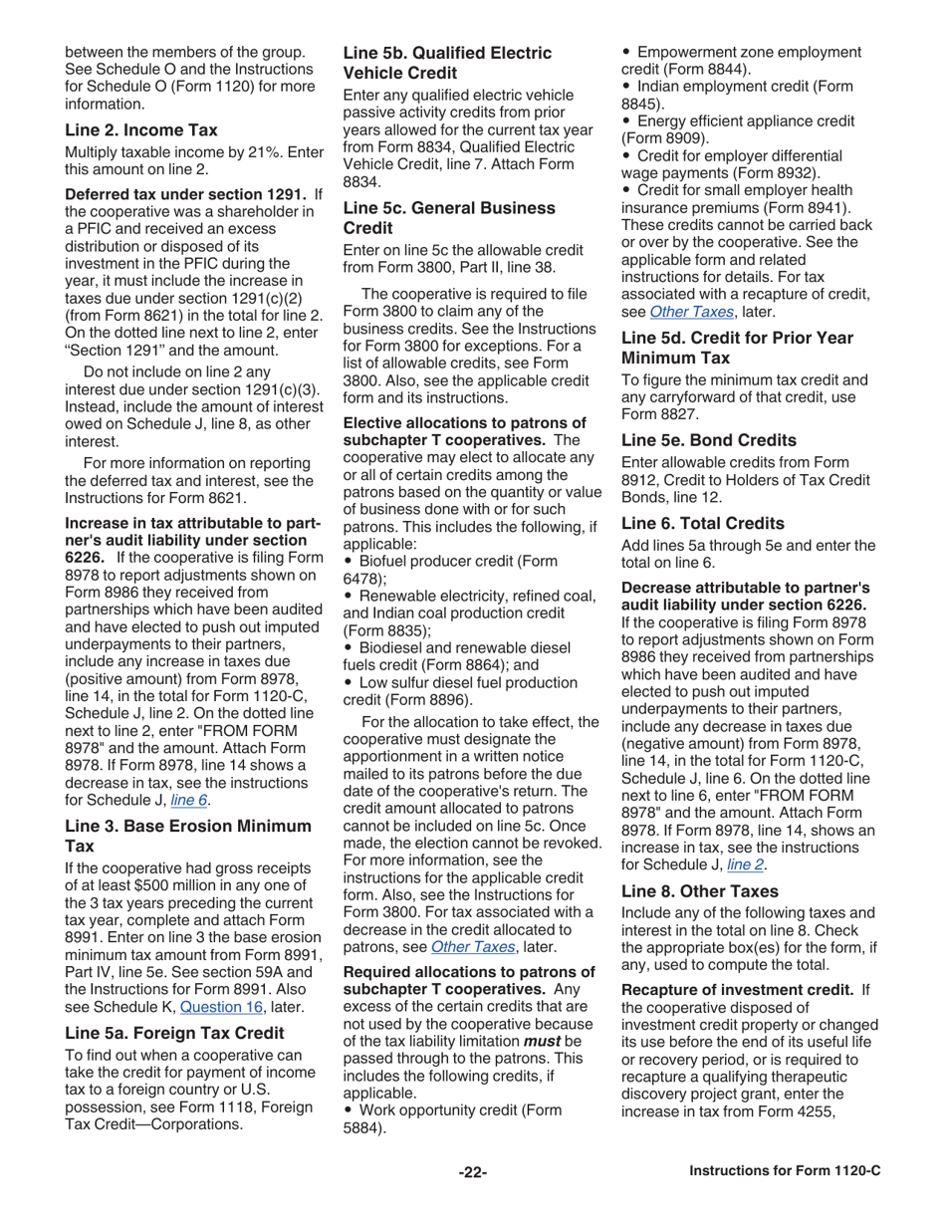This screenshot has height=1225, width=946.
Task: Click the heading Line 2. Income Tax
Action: [x=140, y=129]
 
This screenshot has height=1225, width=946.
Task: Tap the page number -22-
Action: [x=472, y=1173]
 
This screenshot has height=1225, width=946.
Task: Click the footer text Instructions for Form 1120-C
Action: [x=785, y=1173]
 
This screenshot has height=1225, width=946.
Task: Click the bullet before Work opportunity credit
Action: [x=348, y=1110]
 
